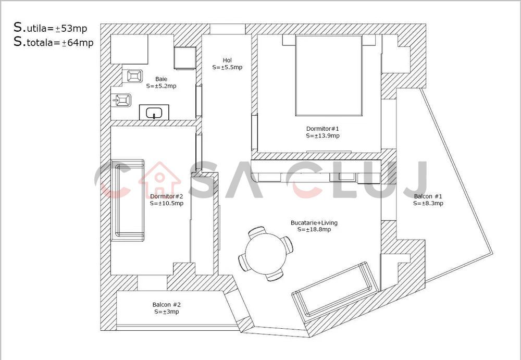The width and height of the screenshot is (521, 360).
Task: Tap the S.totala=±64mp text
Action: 54,43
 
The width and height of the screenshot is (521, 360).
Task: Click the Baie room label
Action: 161,79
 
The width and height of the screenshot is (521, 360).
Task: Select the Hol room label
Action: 227,60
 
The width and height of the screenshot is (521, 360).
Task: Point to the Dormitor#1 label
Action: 322,128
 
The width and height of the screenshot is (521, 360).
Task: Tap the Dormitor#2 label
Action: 166,196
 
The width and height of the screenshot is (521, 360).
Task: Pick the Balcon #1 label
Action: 428,196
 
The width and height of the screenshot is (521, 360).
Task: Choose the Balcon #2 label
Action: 166,305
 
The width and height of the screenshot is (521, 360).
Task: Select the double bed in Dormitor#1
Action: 328,76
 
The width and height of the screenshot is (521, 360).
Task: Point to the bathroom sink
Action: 154,112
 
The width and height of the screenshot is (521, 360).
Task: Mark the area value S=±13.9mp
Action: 322,135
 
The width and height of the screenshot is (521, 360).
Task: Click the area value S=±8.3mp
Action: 428,204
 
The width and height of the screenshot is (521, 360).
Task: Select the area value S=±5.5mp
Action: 227,67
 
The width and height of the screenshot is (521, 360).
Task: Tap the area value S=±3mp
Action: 166,312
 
